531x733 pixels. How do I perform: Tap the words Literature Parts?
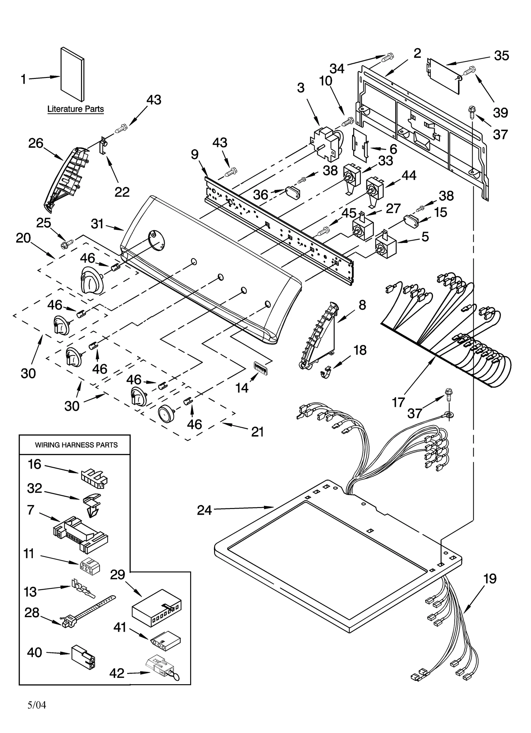(75, 109)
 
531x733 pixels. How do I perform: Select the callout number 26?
(36, 143)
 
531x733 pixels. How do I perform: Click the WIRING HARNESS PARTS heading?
(76, 445)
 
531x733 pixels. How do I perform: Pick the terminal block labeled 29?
(157, 608)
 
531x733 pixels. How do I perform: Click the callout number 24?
(204, 510)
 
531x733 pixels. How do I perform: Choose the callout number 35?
(501, 55)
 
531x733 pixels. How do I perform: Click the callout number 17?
(398, 402)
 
